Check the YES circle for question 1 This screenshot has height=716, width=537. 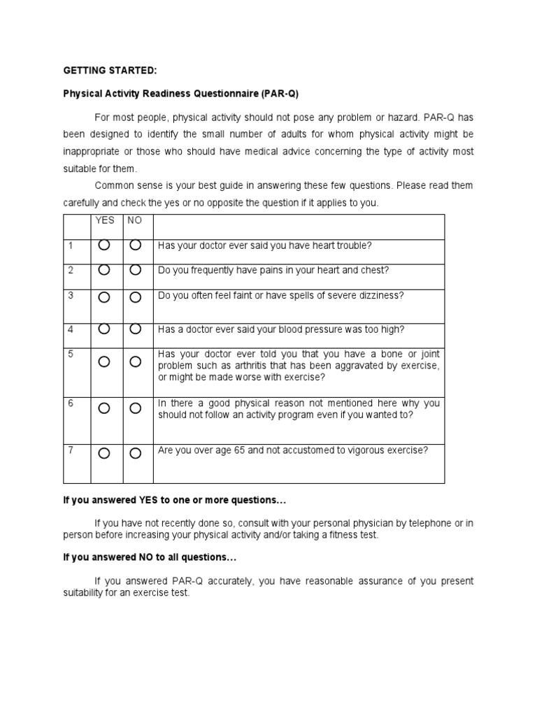(104, 245)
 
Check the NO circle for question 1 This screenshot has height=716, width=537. (136, 245)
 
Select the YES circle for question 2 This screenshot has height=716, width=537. (104, 270)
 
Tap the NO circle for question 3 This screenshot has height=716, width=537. (136, 297)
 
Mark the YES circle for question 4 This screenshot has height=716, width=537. (104, 329)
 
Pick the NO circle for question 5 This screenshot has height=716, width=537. (136, 361)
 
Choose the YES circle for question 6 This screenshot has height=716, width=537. (104, 408)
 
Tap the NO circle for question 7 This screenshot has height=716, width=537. (136, 453)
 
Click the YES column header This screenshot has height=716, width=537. (105, 220)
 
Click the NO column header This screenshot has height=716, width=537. (134, 220)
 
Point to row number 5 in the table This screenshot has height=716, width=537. (71, 355)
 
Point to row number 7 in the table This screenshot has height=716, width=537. (71, 450)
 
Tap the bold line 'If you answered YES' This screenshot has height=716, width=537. (175, 501)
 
